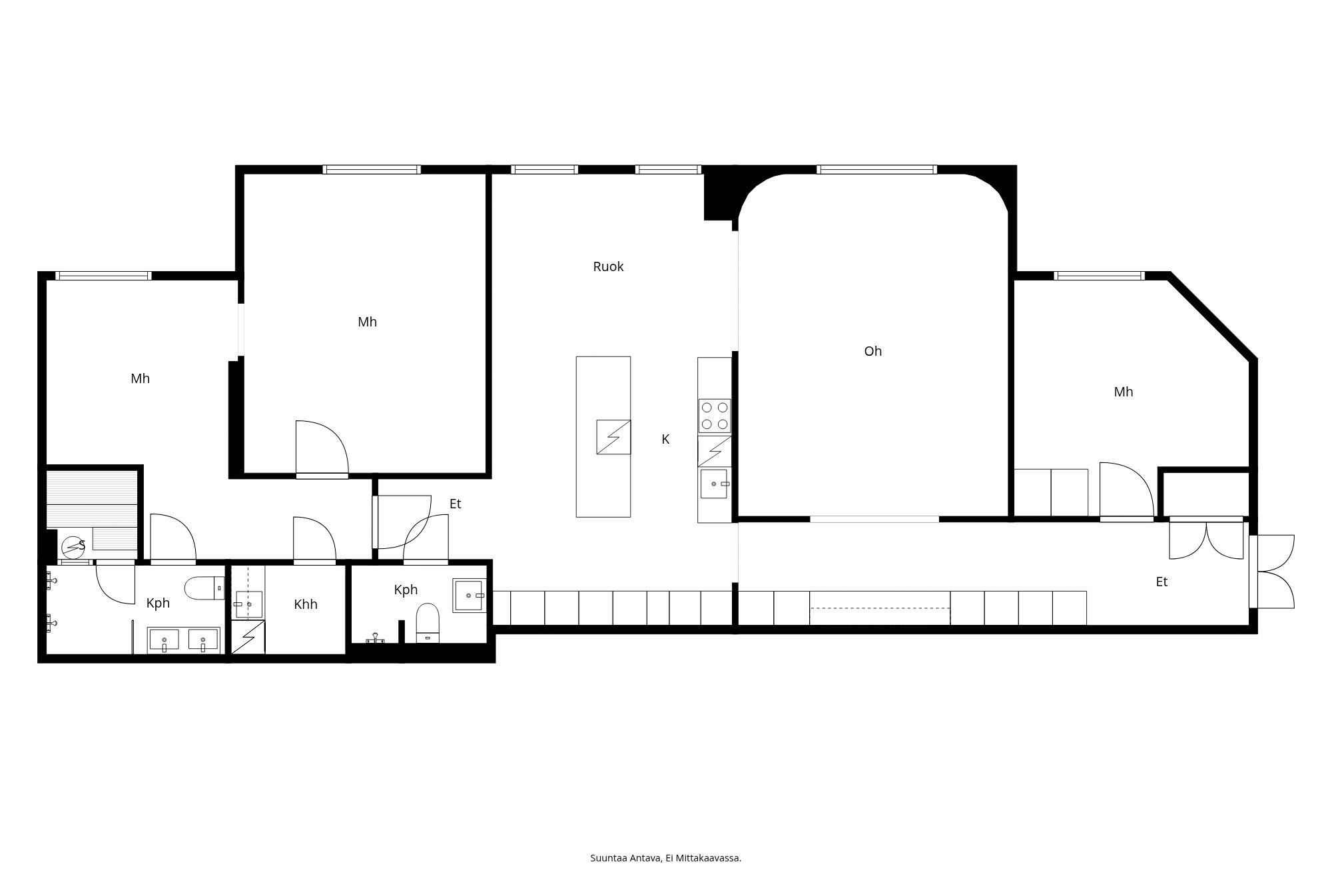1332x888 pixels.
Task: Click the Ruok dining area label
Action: (608, 266)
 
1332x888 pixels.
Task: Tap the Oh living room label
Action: (872, 351)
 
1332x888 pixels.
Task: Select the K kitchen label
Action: (665, 439)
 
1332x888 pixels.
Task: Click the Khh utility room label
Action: (306, 604)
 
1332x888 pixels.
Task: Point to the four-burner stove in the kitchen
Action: (715, 416)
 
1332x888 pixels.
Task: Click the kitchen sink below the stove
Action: (714, 484)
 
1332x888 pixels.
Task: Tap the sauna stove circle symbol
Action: (73, 548)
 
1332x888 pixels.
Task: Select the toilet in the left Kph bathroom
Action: (204, 588)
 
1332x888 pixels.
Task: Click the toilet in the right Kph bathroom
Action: (428, 622)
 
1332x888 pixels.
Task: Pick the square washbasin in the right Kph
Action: (470, 595)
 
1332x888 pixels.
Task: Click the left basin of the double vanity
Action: (164, 640)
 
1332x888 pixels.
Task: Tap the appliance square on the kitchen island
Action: (613, 437)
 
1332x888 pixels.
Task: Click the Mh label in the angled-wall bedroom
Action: (1123, 392)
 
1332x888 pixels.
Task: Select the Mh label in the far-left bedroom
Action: (140, 378)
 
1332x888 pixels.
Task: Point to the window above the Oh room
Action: (876, 169)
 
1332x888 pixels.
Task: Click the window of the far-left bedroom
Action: (103, 276)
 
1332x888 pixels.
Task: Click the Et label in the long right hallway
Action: (1162, 582)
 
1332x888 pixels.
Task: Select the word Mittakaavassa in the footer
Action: (709, 858)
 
